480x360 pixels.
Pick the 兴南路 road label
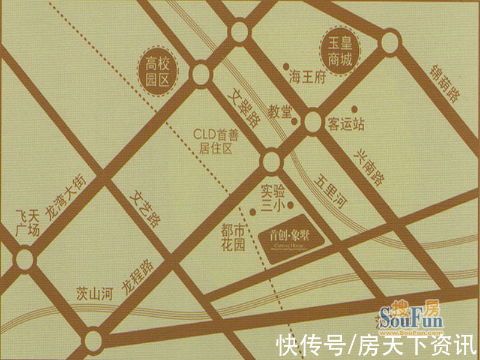coord(367,169)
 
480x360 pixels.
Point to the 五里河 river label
coord(331,193)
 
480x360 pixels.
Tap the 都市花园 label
coord(233,237)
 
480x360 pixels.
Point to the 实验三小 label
coord(272,199)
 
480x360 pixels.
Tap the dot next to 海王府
coord(286,67)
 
